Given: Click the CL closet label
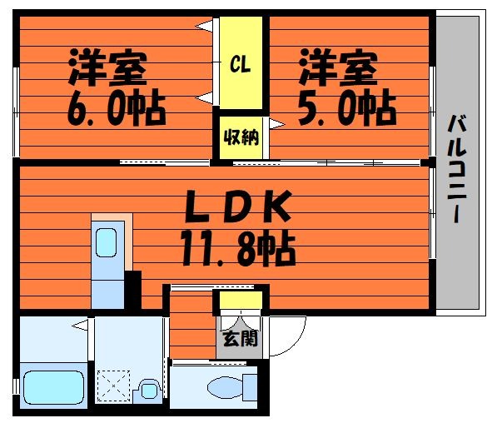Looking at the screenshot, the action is pos(241,64).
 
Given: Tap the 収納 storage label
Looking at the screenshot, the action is pos(241,137).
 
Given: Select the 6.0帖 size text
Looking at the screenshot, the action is pos(117,107).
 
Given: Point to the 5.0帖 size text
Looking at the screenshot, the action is pos(347,107).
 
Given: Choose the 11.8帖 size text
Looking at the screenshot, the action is pos(238,248).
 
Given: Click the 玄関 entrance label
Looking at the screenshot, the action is pos(241,338).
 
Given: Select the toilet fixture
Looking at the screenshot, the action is pos(232,387).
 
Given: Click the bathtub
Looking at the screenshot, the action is pos(54,387).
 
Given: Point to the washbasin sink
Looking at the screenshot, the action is pos(149,391).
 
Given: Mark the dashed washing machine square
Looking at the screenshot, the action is pos(113,386).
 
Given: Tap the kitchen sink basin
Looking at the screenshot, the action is pos(106,242).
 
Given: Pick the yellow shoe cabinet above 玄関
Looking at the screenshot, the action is pos(241,300).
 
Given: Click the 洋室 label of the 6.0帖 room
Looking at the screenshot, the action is pos(107,67).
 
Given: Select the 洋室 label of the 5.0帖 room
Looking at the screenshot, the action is pos(338,67).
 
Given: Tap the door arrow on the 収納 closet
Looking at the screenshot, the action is pos(276,124).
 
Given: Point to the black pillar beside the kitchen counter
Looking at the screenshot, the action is pos(133,290).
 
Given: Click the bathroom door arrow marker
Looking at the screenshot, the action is pos(80,325).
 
